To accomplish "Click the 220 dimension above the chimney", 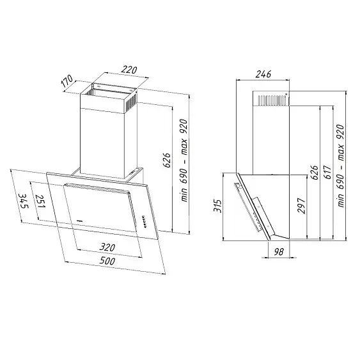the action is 129,70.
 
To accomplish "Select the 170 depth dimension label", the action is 67,81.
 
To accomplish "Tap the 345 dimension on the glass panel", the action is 24,201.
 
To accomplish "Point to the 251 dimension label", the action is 40,201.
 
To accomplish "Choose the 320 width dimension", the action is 107,247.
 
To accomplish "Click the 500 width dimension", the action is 107,261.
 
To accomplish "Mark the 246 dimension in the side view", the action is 263,74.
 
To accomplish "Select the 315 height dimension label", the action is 217,206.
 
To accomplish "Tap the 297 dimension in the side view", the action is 301,205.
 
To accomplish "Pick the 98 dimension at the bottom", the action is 279,252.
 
